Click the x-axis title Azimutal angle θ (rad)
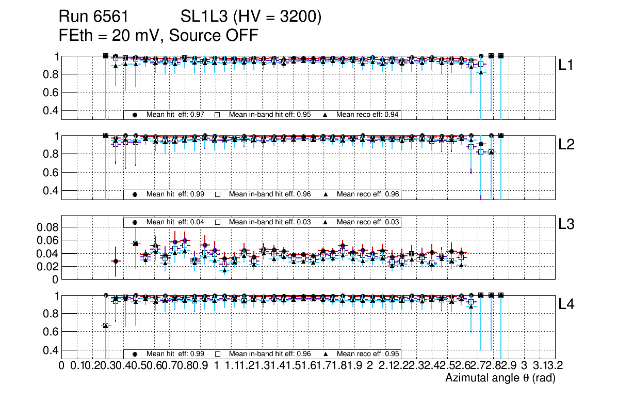[500, 378]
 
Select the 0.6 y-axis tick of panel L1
[51, 92]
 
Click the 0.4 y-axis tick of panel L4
[51, 350]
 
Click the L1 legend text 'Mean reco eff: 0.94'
[368, 115]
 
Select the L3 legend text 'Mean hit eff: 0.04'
[175, 222]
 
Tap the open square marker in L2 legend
[218, 194]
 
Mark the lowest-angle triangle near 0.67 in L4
[106, 325]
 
